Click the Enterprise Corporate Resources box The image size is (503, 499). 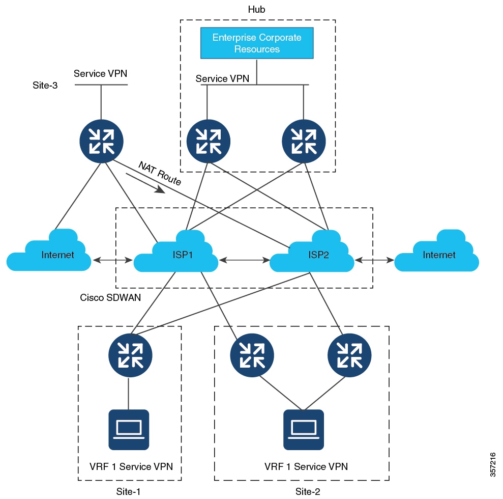click(x=257, y=43)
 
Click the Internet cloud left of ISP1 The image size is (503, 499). click(x=49, y=252)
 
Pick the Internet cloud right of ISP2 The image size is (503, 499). click(x=436, y=252)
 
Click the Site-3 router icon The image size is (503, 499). click(x=101, y=141)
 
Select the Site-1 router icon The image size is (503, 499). click(x=130, y=355)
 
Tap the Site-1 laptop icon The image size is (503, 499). click(x=129, y=430)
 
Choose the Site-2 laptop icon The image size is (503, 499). click(x=304, y=430)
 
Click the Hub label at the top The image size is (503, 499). click(x=257, y=9)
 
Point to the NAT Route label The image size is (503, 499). click(x=160, y=174)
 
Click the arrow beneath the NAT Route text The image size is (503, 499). click(x=145, y=183)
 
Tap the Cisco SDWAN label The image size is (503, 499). click(x=110, y=298)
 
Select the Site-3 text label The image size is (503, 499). click(x=45, y=85)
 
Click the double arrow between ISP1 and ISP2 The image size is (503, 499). click(x=245, y=260)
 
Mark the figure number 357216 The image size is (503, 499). click(x=493, y=465)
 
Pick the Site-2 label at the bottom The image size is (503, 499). click(x=308, y=491)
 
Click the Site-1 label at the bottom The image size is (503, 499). click(x=128, y=491)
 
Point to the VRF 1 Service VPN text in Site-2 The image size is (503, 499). click(x=306, y=466)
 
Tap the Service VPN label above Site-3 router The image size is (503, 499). click(x=100, y=73)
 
